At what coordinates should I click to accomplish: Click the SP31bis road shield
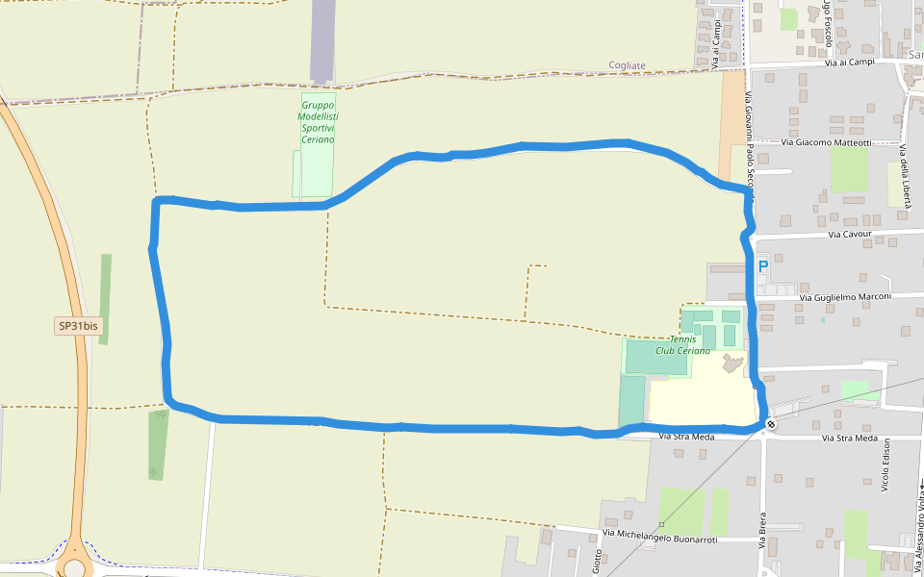coord(78,326)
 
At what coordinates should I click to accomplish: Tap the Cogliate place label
coord(628,65)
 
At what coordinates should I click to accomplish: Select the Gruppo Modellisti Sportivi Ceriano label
coord(319,122)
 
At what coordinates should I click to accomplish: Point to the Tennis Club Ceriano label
coord(682,345)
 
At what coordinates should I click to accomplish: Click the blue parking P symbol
coord(763,267)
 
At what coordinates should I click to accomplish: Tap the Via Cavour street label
coord(849,234)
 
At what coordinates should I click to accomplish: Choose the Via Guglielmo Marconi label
coord(846,297)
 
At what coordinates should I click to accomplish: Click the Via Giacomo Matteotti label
coord(826,143)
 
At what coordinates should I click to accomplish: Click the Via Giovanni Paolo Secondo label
coord(748,139)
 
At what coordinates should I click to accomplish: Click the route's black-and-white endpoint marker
coord(771,424)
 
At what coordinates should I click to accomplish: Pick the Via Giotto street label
coord(598,558)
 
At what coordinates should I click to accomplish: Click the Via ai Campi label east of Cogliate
coord(850,63)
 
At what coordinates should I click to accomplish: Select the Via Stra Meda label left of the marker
coord(687,437)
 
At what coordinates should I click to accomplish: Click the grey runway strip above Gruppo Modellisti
coord(322,40)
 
